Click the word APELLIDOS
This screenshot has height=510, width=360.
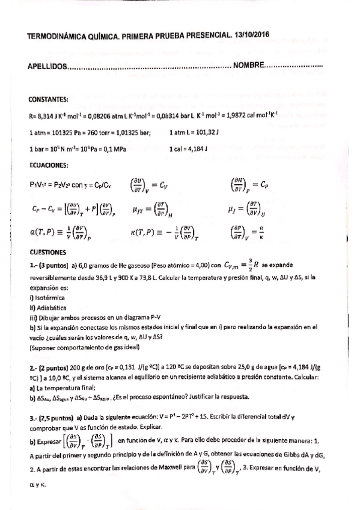(x=48, y=65)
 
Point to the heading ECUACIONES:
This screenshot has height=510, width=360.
(x=49, y=164)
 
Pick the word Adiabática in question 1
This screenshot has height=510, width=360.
(x=52, y=307)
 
